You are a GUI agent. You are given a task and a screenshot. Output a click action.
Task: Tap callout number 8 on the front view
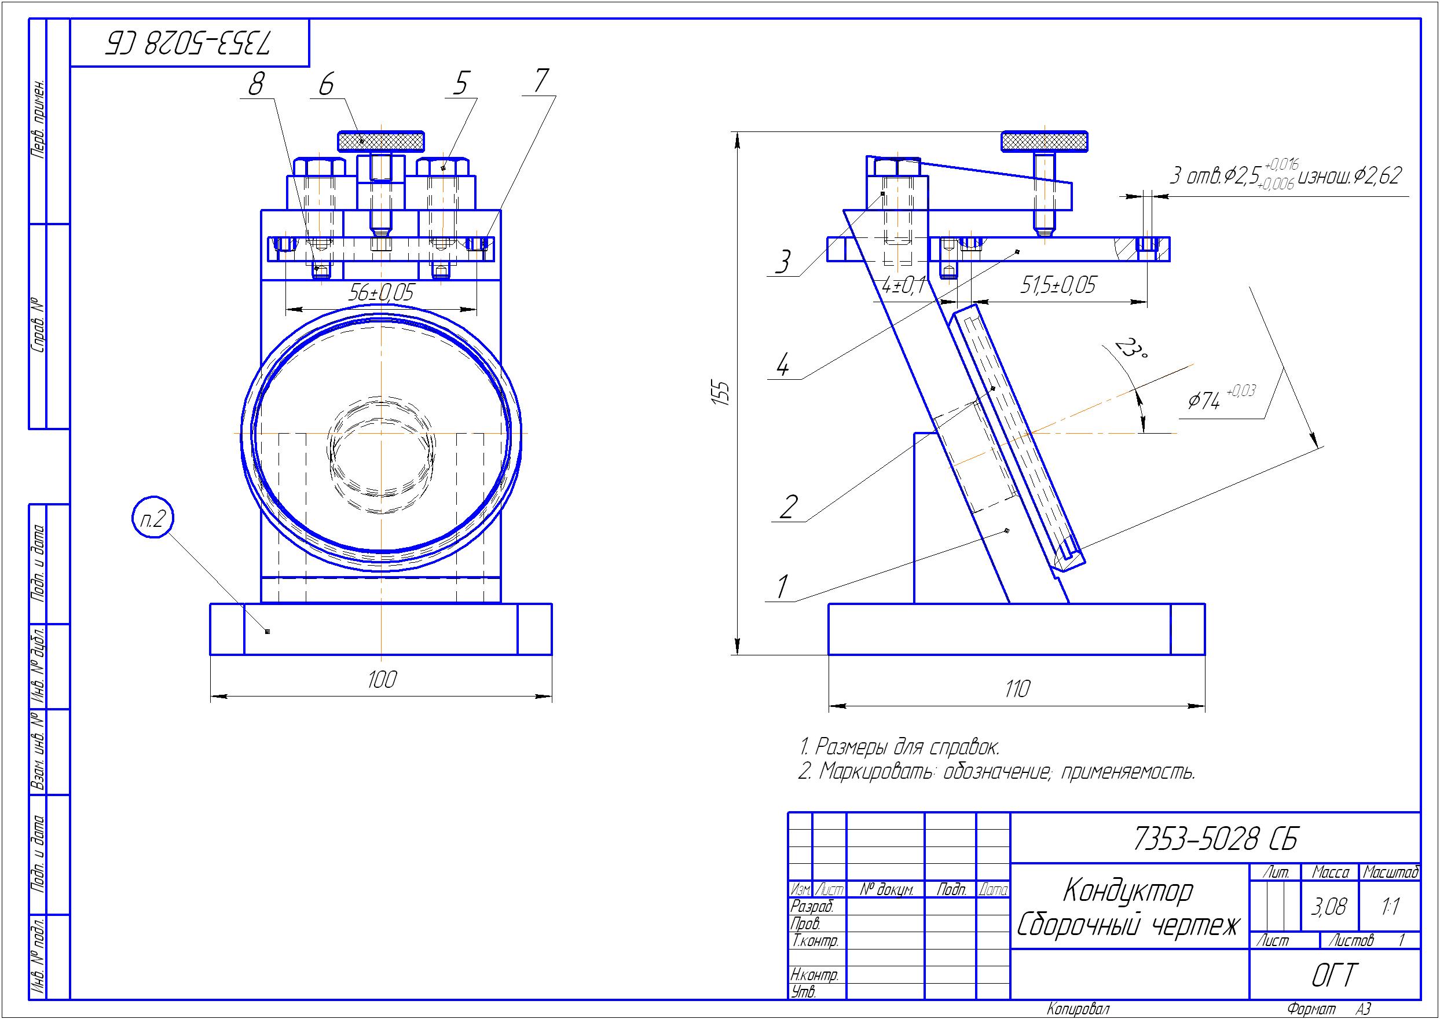point(255,84)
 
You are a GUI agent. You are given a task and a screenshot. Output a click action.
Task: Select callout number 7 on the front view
point(541,80)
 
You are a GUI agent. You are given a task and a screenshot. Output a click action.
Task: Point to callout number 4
point(782,365)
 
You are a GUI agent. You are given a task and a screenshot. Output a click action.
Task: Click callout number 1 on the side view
point(782,587)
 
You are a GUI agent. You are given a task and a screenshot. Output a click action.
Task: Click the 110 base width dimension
point(1017,690)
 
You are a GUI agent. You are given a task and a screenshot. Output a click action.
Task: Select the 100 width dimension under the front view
point(382,680)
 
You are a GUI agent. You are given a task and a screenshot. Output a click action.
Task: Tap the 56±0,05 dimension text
point(382,292)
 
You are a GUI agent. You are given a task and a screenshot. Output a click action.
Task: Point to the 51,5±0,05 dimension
point(1058,285)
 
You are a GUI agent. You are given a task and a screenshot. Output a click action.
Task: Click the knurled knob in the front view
point(381,141)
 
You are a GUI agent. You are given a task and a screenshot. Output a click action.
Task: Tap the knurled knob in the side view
point(1045,141)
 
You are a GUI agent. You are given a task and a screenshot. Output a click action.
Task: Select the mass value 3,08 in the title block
point(1329,907)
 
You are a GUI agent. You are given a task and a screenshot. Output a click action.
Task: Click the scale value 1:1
point(1390,907)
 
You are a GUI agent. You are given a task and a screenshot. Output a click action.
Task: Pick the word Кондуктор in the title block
point(1128,890)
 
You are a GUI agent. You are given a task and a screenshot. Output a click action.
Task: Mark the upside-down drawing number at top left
point(189,42)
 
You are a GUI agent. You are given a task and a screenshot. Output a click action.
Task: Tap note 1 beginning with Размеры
point(900,747)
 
